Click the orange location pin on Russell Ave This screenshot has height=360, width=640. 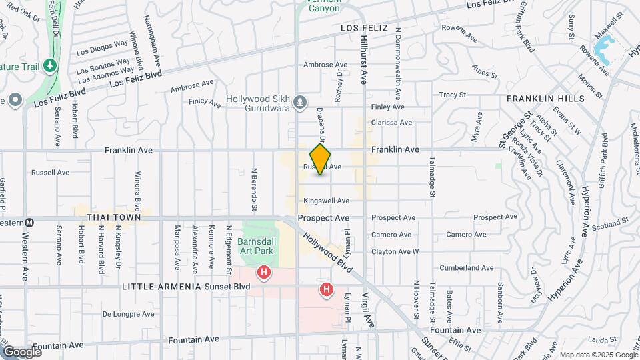(x=320, y=159)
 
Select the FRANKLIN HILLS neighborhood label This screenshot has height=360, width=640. (x=545, y=98)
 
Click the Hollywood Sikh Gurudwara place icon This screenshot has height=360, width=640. (x=301, y=102)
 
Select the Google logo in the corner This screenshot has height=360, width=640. (x=21, y=351)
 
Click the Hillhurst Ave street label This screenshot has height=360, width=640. (x=364, y=60)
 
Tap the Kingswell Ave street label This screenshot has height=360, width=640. (x=326, y=201)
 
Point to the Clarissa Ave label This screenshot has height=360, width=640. (x=391, y=123)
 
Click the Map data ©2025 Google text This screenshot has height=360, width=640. (x=598, y=355)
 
